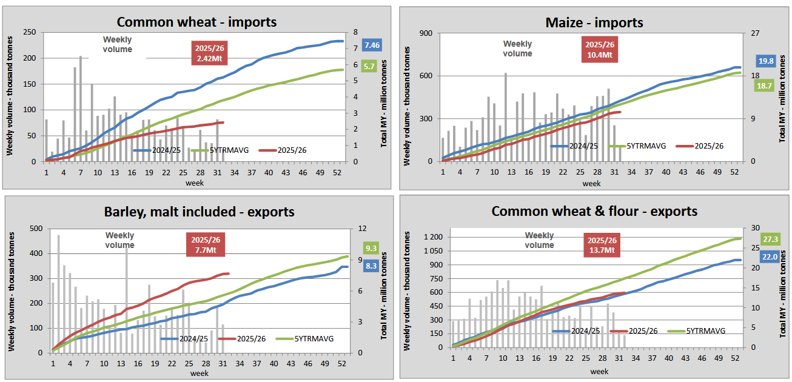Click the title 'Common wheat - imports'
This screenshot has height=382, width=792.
tap(196, 22)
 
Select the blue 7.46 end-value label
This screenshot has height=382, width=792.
tap(372, 45)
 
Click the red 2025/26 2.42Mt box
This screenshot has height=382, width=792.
tap(209, 53)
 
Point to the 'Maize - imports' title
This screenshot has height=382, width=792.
tap(594, 22)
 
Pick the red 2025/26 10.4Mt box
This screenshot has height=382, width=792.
tap(599, 50)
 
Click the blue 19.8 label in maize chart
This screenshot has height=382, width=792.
tap(766, 61)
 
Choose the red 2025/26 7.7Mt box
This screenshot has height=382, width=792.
tap(206, 245)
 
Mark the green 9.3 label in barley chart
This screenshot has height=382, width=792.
tap(372, 247)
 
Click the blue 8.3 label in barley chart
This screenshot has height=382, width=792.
tap(372, 265)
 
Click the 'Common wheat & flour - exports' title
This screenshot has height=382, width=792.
tap(594, 211)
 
